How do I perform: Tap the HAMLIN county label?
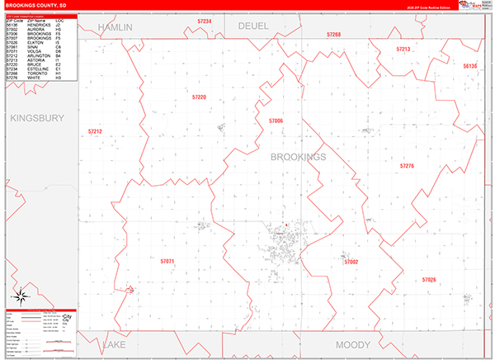[115, 27]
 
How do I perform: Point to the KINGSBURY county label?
[36, 118]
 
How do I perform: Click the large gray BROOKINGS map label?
[299, 157]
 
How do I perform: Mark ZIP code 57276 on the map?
[407, 166]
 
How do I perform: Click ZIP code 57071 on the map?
[167, 261]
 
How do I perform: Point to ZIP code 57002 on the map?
[351, 261]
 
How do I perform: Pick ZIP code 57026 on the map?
[428, 280]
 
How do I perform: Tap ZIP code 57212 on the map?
[95, 131]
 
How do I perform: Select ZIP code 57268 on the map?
[333, 35]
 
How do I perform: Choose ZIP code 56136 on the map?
[469, 65]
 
